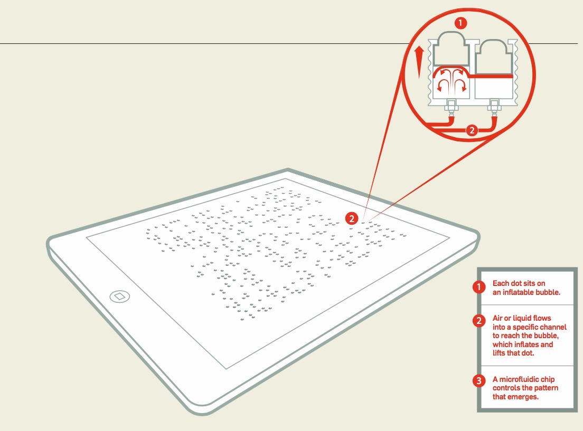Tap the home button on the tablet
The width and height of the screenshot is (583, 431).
coord(120,296)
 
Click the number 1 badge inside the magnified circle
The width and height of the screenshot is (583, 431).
coord(460,23)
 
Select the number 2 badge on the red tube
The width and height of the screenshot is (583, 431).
coord(472,130)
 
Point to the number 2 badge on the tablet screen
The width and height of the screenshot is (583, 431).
coord(351,218)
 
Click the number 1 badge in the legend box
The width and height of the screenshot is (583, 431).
coord(479,287)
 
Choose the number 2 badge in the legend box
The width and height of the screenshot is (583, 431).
coord(479,321)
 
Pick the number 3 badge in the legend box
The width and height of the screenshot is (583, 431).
coord(479,381)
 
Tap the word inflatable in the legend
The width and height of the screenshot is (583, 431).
coord(518,292)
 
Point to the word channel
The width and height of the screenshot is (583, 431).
coord(553,327)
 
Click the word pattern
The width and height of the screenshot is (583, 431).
coord(546,388)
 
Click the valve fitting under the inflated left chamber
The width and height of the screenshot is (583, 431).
coord(452,106)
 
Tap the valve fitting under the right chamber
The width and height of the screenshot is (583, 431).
coord(494,106)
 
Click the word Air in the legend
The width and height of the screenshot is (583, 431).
coord(497,318)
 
